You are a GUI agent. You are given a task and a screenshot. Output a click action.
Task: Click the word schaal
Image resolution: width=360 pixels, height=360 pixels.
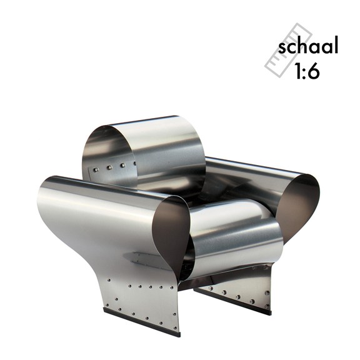coord(308,47)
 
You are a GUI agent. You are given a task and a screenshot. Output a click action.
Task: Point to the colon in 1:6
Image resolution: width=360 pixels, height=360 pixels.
coord(304,72)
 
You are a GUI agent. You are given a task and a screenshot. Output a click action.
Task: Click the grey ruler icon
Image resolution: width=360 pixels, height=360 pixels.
coord(288,50)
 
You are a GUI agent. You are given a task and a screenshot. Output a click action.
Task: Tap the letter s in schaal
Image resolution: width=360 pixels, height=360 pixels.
coord(282,49)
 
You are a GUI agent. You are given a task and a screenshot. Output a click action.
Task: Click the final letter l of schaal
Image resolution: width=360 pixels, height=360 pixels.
coord(337,46)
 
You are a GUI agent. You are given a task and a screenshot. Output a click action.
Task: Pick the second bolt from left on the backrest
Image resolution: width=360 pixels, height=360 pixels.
coord(109,167)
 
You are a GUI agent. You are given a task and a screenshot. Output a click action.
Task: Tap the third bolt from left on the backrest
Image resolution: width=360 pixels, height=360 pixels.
coord(123,165)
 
